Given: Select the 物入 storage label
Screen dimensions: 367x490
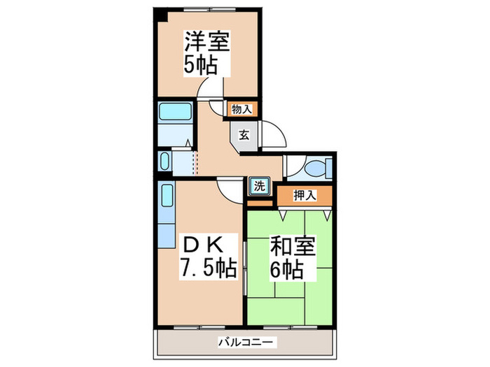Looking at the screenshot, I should point(242,108).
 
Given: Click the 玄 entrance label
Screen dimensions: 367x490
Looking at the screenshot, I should point(243,134).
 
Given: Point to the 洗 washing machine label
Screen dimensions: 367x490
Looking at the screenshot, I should point(258,187).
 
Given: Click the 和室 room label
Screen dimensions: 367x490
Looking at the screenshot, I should point(293,247).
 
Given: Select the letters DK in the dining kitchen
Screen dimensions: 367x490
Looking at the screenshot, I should point(204,245).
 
